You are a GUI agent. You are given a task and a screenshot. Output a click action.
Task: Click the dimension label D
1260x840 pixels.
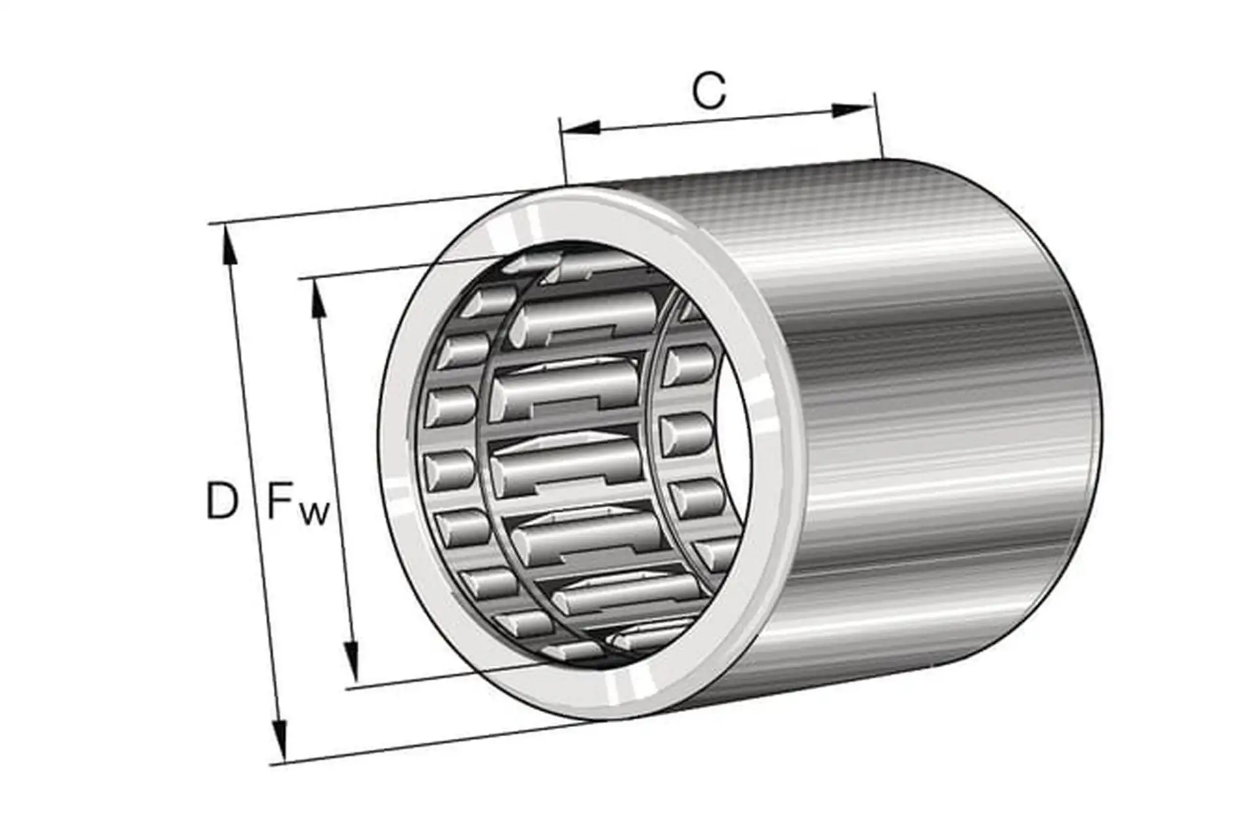pyautogui.click(x=221, y=500)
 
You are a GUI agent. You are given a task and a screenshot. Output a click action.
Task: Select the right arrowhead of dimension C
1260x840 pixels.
pyautogui.click(x=853, y=110)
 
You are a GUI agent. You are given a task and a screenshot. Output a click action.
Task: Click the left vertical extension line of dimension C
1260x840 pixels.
pyautogui.click(x=562, y=151)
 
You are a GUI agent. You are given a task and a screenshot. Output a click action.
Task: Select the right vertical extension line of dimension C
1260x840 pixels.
pyautogui.click(x=877, y=128)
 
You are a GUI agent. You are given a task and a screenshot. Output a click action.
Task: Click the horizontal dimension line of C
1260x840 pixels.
pyautogui.click(x=715, y=119)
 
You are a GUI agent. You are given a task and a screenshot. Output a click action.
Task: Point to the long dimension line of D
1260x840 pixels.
pyautogui.click(x=255, y=492)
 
